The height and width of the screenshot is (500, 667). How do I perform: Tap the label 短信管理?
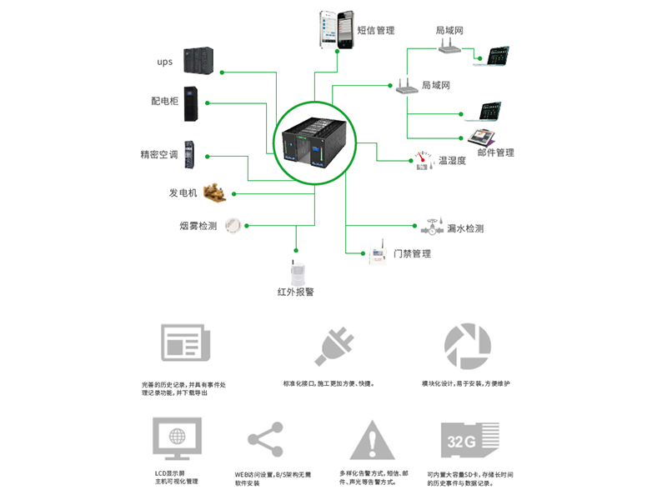click(375, 31)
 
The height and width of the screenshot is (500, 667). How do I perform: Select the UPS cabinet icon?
click(199, 61)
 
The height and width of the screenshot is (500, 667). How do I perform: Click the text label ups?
click(164, 62)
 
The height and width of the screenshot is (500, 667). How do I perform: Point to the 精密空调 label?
click(159, 155)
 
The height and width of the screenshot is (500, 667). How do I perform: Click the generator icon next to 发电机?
click(216, 192)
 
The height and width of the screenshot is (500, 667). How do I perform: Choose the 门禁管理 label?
click(412, 253)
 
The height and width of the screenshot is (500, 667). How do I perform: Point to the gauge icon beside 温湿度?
click(424, 160)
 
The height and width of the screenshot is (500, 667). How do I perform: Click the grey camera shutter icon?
click(467, 343)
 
